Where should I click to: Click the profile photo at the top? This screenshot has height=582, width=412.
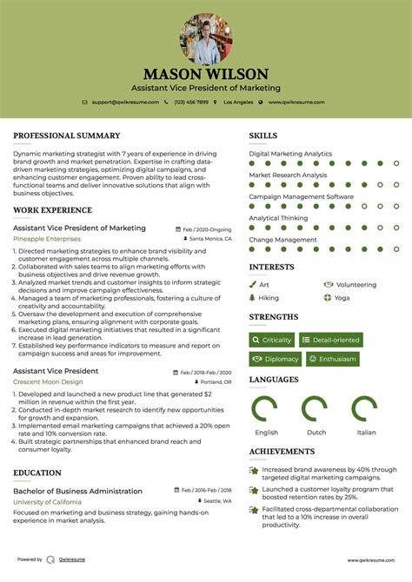tap(206, 38)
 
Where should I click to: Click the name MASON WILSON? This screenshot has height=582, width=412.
tap(206, 74)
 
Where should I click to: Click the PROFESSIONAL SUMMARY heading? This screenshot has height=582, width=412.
tap(66, 136)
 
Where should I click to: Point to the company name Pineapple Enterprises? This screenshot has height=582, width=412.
tap(46, 238)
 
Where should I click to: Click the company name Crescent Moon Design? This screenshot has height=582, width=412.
tap(48, 381)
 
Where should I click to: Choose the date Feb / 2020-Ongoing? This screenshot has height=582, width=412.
tap(207, 228)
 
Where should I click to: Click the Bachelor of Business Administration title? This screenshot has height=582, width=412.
tap(77, 491)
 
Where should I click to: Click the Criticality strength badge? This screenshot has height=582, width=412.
tap(272, 340)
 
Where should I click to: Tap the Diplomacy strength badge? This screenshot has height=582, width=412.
tap(276, 359)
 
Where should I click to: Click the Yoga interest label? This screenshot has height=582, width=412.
tap(342, 297)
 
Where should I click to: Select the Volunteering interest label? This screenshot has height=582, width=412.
tap(355, 284)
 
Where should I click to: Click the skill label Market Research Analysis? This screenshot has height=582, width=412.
tap(288, 175)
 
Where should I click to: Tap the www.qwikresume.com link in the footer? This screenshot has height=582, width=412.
tap(370, 560)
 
